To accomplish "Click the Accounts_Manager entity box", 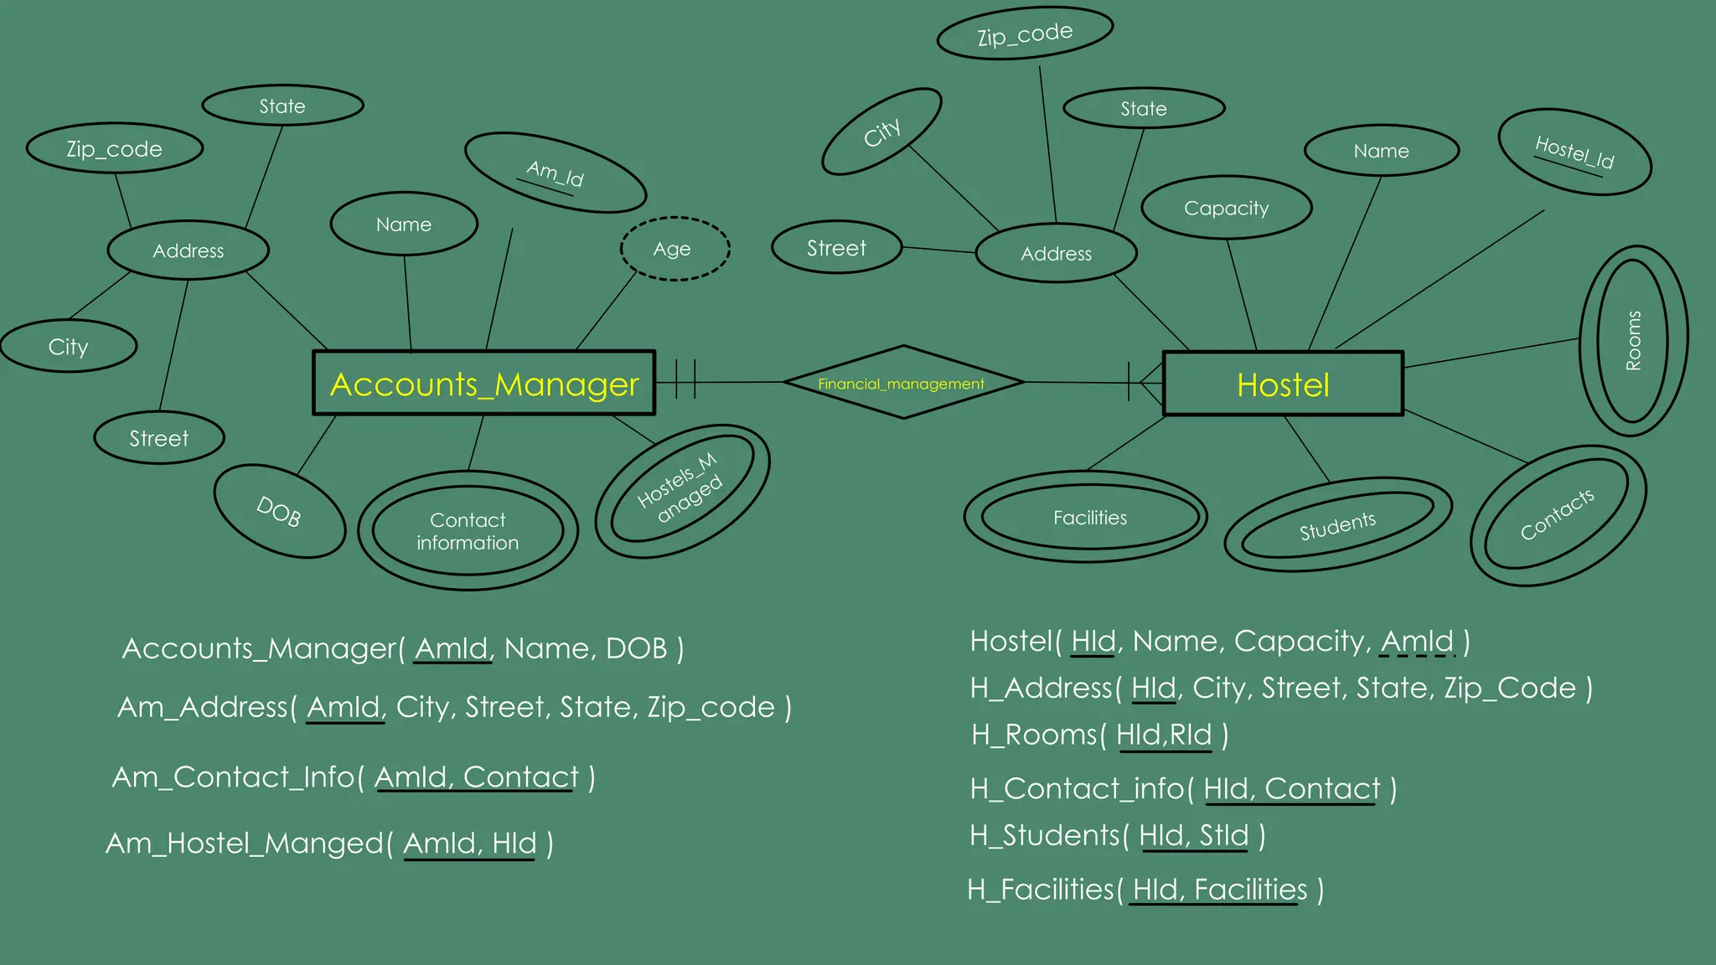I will pos(483,384).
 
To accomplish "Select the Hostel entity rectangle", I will pos(1283,384).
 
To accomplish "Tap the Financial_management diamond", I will pos(902,383).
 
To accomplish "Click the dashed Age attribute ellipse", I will pos(675,249).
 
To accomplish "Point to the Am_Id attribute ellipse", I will pos(555,173).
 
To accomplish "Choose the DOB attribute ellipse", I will pos(279,511).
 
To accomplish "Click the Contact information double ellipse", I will pos(468,531).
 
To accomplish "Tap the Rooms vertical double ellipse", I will pos(1633,340).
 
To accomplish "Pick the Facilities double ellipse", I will pos(1089,518).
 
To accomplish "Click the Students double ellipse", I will pos(1337,525).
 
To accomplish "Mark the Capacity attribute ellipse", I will pos(1226,208).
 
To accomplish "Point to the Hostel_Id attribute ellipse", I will pos(1574,152).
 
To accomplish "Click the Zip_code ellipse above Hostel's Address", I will pos(1024,34).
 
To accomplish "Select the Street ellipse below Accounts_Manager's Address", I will pos(158,438).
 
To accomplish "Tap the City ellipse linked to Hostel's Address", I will pos(881,132).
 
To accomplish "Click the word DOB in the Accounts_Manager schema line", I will pos(636,648).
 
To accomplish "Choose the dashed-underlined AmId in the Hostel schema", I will pos(1417,641).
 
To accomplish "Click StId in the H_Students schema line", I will pos(1223,835).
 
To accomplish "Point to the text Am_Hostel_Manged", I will pos(244,843).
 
